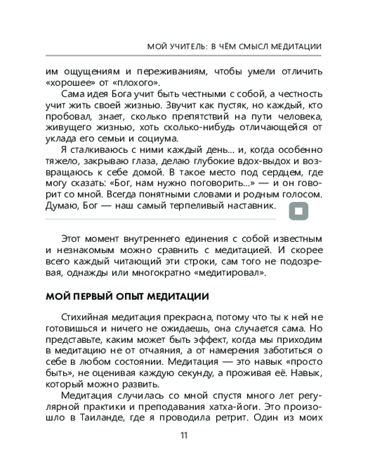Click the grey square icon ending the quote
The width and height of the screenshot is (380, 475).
(x=299, y=212)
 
